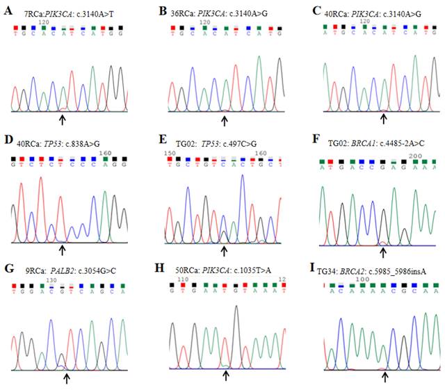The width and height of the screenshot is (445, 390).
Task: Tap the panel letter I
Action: [309, 268]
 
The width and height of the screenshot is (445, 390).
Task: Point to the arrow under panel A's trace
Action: [63, 120]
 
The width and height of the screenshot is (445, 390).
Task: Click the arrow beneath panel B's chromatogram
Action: [224, 120]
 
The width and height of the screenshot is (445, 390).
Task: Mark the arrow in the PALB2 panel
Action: [67, 377]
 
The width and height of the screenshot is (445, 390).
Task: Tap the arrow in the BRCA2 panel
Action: [385, 375]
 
